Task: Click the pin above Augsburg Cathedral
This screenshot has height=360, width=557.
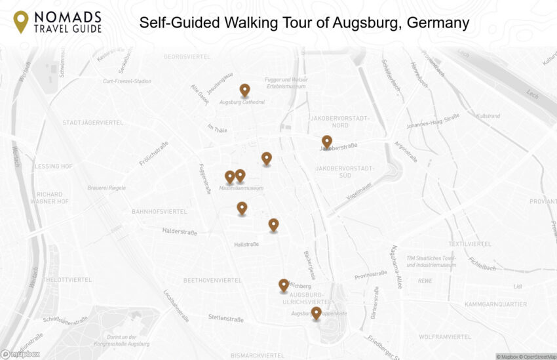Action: click(x=244, y=90)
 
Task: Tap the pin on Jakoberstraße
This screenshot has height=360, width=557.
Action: click(x=326, y=142)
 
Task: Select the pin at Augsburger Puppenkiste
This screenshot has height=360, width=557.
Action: click(x=316, y=313)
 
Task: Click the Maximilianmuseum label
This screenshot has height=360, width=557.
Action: click(x=241, y=188)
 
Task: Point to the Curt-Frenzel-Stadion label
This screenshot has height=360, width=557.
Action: click(x=127, y=81)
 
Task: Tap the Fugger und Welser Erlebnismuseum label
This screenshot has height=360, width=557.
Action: click(x=286, y=83)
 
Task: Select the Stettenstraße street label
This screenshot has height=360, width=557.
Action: click(x=226, y=319)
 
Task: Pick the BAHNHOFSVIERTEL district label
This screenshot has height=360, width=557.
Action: click(x=159, y=212)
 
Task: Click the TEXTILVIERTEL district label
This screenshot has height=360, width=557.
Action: click(x=470, y=244)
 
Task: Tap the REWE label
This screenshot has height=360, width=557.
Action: click(x=425, y=281)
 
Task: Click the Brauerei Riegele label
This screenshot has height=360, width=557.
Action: click(x=107, y=188)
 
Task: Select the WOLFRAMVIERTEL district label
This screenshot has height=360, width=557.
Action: click(x=445, y=337)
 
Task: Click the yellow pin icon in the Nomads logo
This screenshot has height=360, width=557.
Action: click(x=21, y=21)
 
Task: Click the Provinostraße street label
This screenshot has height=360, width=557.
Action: click(x=370, y=275)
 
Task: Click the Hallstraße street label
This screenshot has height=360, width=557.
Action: click(x=246, y=245)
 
